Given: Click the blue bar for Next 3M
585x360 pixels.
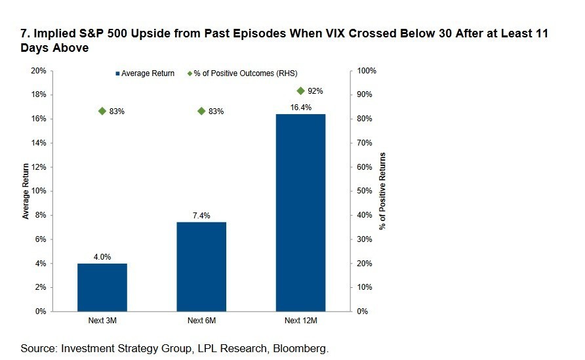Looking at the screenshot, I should pos(102,287).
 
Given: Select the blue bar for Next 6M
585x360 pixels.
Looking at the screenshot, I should pos(201,266).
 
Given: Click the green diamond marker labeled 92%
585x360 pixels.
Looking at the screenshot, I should pos(300,90).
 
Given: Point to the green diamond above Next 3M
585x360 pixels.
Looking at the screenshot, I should pos(102,111).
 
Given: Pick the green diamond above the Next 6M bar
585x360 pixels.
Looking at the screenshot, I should pos(201,111).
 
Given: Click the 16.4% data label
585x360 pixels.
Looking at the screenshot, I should pos(300,108).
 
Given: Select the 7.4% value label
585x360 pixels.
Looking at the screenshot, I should pos(201,216).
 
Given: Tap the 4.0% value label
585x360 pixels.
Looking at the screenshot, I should pos(102,257).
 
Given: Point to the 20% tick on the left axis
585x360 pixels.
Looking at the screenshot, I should pos(38,70).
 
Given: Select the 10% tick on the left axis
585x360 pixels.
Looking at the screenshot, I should pos(38,191).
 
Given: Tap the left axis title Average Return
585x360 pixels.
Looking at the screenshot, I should pos(26,191).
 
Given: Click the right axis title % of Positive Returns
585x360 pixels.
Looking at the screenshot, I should pos(382,191).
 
